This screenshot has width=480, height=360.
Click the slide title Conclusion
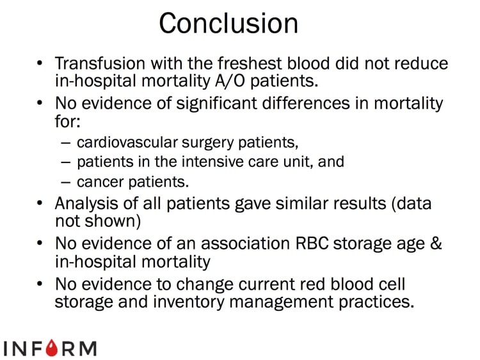click(x=228, y=24)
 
